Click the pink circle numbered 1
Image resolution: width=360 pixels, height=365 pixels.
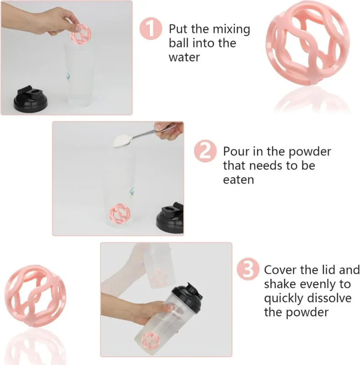[x=151, y=29]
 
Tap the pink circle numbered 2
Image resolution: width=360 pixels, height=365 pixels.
[x=205, y=151]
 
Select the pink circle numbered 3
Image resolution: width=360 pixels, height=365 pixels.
[x=248, y=269]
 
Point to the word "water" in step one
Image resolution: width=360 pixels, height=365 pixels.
[x=184, y=57]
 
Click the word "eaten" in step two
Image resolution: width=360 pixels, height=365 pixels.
[x=238, y=180]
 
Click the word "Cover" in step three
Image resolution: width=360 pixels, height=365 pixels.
[x=281, y=270]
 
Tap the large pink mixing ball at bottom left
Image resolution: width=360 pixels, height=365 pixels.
[x=36, y=296]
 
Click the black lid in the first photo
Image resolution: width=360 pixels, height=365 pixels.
[x=31, y=99]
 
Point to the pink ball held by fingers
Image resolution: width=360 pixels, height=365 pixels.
[x=81, y=35]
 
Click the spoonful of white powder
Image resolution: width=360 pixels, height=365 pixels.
[x=122, y=141]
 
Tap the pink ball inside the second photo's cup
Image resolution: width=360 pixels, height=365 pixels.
[x=120, y=214]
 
